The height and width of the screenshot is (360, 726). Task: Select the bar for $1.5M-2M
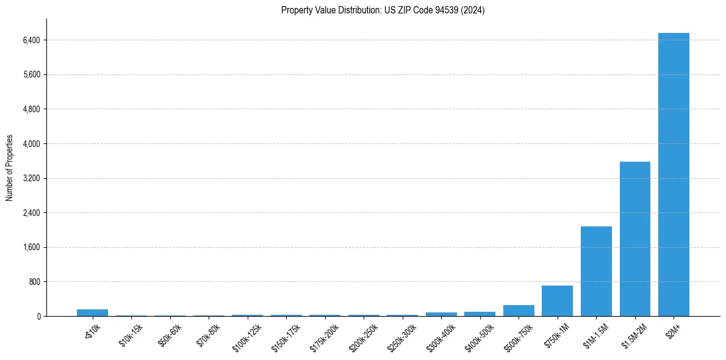coord(634,239)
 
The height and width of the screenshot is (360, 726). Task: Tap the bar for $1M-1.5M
coord(596,271)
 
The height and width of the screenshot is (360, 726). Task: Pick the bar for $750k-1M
coord(557,301)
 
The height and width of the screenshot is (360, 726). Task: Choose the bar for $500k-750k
coord(519,311)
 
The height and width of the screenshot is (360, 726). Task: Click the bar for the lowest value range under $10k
coord(92,312)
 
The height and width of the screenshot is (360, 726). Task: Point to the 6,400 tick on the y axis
coord(31,40)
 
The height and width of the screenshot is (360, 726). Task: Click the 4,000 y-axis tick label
coord(31,144)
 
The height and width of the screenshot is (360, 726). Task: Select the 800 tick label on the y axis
coord(34,282)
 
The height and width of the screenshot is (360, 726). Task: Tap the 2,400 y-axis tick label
coord(31,213)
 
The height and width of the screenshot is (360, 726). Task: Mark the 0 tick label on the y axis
coord(38,316)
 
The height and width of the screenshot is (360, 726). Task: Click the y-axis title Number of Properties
coord(9,168)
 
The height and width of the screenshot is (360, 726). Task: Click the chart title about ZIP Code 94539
coord(383,10)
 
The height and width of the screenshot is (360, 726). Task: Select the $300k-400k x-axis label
coord(440,335)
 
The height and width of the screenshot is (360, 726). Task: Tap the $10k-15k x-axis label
coord(130,334)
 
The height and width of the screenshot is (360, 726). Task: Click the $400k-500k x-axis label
coord(479,335)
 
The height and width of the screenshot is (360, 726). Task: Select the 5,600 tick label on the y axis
coord(31,75)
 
